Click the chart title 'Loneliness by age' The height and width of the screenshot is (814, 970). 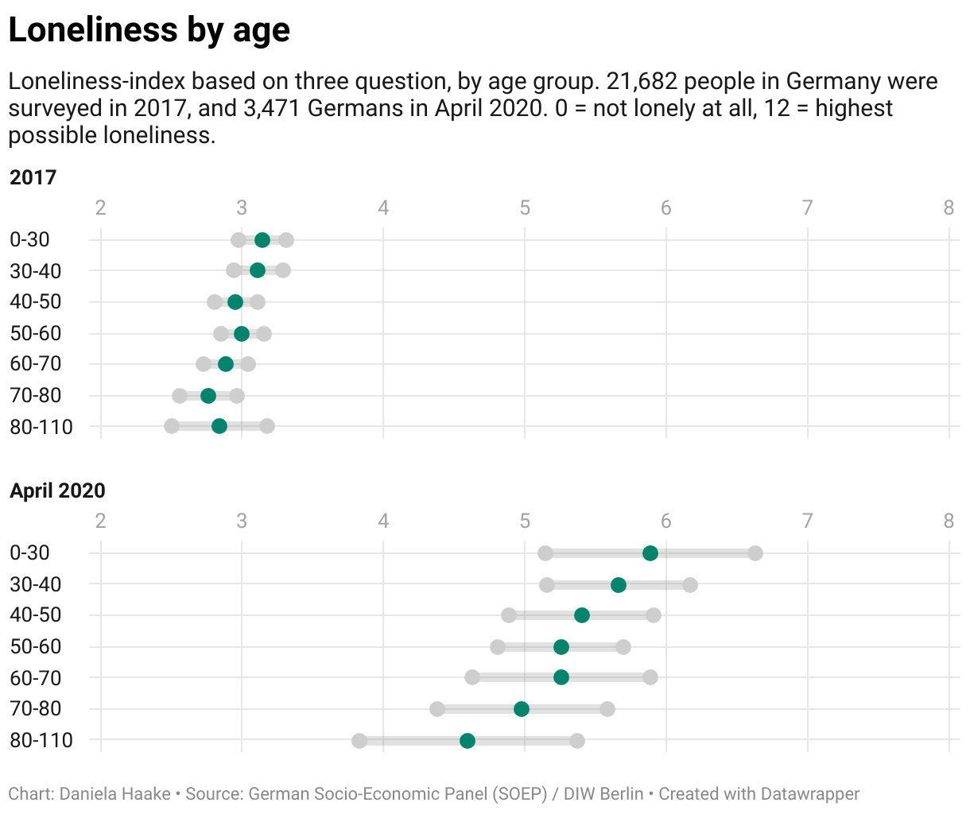coord(149,30)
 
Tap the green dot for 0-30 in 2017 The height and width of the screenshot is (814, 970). coord(262,240)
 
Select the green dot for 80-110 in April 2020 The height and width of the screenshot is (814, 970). coord(468,741)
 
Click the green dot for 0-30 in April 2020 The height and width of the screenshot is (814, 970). coord(650,553)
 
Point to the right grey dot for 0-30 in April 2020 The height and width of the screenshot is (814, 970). coord(755,553)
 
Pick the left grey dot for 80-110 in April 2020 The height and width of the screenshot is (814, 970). coord(359,741)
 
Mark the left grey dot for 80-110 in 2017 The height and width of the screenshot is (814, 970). coord(172,427)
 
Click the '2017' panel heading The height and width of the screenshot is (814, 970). coord(33,176)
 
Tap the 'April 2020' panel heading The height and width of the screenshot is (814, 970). coord(57,490)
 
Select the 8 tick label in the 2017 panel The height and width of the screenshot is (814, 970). coord(949,208)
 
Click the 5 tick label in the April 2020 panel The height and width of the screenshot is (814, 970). coord(525,521)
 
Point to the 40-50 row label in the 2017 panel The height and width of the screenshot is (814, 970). coord(36,302)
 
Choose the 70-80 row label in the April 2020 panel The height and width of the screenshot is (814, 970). coord(36,709)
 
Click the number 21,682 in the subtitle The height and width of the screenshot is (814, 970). coord(643,82)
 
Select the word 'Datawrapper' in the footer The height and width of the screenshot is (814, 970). coord(809,793)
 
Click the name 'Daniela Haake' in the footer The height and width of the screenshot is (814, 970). coord(115,793)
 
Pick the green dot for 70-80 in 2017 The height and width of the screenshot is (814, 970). coord(208,396)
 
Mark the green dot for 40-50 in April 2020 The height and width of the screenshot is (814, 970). coord(582,615)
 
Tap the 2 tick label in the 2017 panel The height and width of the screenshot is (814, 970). coord(101,208)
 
